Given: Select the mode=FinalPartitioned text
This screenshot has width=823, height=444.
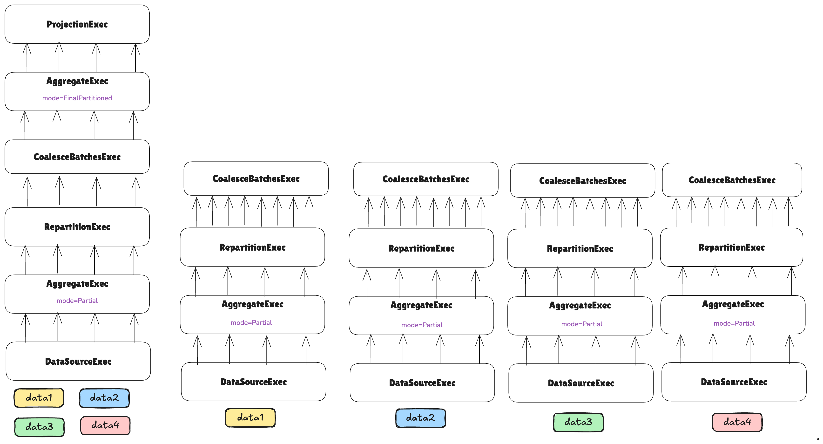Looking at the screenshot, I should coord(77,98).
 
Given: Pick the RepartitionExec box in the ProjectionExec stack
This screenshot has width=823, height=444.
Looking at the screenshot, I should coord(77,227).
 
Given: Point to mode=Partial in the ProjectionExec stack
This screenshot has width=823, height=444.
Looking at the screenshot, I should coord(77,301).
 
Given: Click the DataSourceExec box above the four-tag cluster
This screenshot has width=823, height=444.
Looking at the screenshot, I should coord(78,362).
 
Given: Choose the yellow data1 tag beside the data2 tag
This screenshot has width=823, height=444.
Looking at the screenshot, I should coord(39,398).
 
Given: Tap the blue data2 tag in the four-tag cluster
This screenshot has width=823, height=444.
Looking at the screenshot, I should coord(104,398).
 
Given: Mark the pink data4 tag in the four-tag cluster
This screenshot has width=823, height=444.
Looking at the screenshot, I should coord(105,425).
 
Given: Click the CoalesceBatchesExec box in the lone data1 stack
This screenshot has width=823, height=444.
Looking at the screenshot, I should coord(256,179).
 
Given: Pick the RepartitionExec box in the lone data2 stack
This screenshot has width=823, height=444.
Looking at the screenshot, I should coord(421,248).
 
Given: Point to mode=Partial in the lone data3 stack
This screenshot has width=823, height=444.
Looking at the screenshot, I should coord(581,324).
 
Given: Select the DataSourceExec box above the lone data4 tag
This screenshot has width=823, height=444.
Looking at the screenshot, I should coord(734,382).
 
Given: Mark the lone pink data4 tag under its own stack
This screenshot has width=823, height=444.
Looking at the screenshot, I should coord(737,422).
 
